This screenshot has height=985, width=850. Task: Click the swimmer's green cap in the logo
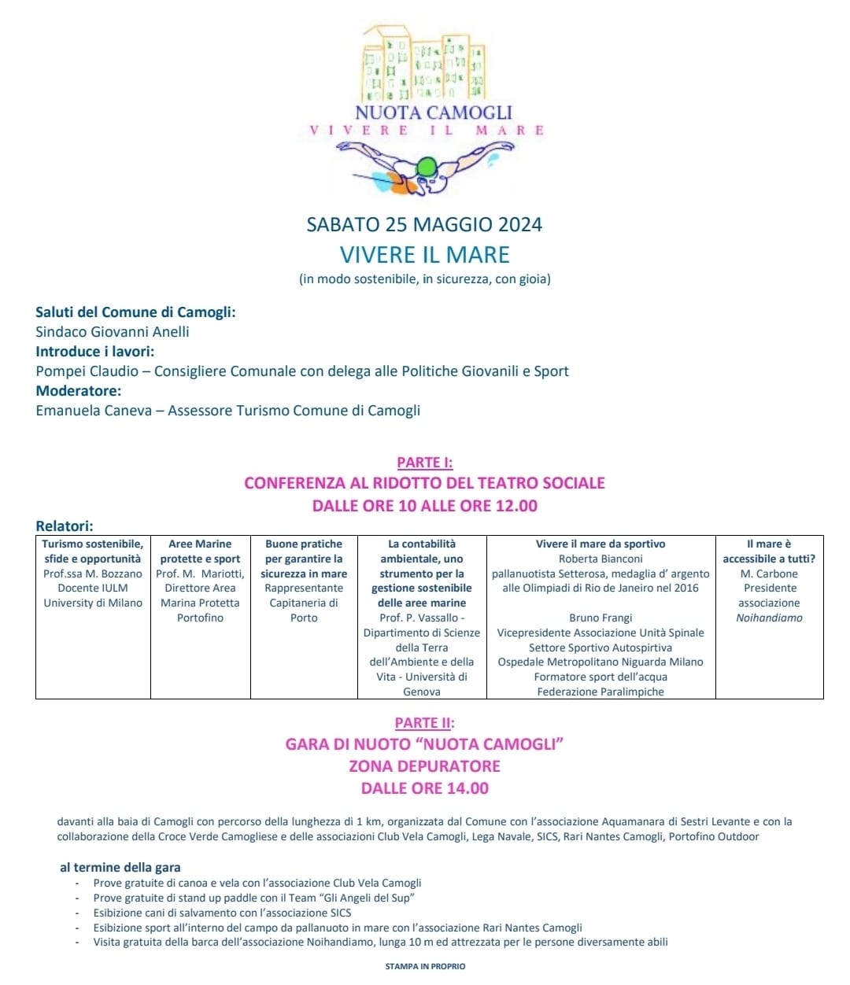point(426,167)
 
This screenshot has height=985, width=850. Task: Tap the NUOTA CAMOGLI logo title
point(433,113)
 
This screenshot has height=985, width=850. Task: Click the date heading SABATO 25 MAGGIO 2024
point(424,225)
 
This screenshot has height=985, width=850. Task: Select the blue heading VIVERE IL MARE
point(425,255)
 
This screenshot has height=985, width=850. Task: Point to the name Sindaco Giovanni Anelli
point(113,332)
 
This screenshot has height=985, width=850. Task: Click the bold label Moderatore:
point(79,391)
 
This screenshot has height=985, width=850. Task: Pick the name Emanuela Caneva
point(94,411)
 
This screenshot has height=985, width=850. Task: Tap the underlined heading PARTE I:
point(425,463)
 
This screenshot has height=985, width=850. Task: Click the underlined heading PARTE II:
point(425,723)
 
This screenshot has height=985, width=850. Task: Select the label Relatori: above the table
point(65,526)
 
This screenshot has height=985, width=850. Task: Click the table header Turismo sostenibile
point(93,544)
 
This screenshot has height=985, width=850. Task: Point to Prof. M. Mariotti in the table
point(200,574)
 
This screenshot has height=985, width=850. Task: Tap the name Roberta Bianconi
point(601,559)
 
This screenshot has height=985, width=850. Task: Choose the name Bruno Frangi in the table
point(601,618)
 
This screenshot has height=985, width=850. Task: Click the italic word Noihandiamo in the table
point(769,618)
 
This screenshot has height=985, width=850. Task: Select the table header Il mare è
point(769,544)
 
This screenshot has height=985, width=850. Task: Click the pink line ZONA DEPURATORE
point(425,766)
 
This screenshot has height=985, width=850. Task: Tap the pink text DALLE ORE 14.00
point(425,788)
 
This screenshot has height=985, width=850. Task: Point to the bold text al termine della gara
point(120,868)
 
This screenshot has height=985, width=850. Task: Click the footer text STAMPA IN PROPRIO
point(425,966)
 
